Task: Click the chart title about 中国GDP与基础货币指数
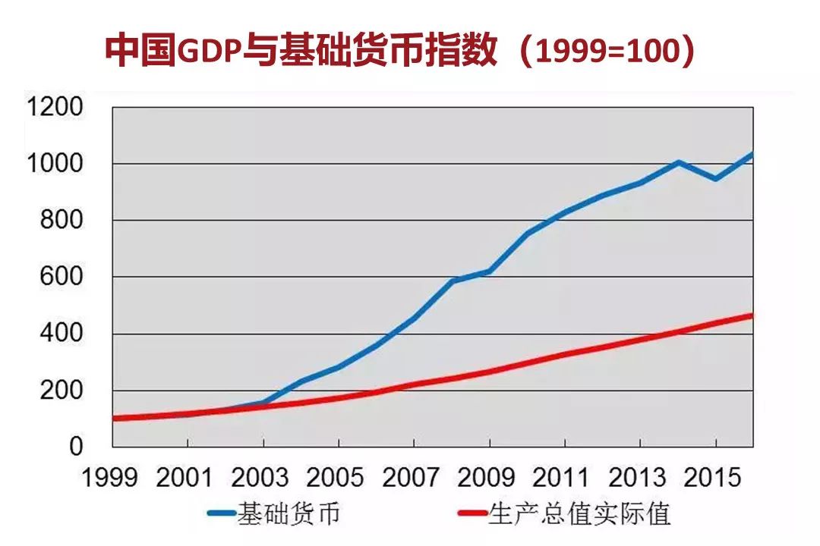(x=400, y=50)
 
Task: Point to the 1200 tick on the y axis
(x=54, y=108)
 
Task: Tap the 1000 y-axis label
(x=54, y=164)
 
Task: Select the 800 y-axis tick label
(x=61, y=221)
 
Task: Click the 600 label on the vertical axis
(x=61, y=278)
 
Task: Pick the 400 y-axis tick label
(x=61, y=334)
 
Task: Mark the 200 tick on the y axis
(x=61, y=391)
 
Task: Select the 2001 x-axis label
(x=186, y=478)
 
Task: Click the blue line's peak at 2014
(x=678, y=162)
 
